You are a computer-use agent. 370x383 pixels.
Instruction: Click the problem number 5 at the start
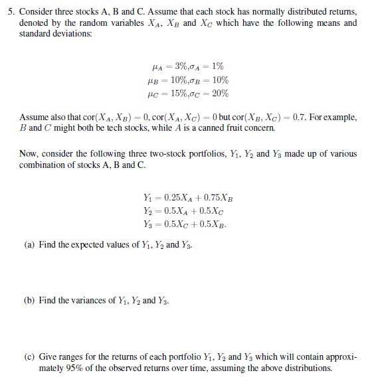pyautogui.click(x=8, y=11)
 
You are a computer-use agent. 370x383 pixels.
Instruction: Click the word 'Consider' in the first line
pyautogui.click(x=35, y=11)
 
